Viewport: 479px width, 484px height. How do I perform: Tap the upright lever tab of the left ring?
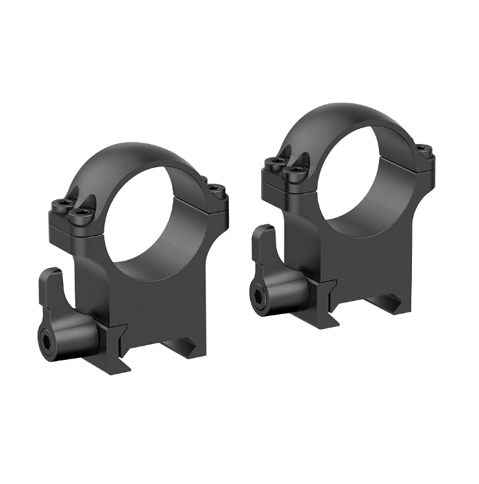tap(51, 288)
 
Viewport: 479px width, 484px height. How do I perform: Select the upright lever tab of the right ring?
tap(263, 247)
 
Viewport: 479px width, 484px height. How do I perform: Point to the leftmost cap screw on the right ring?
tap(273, 163)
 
